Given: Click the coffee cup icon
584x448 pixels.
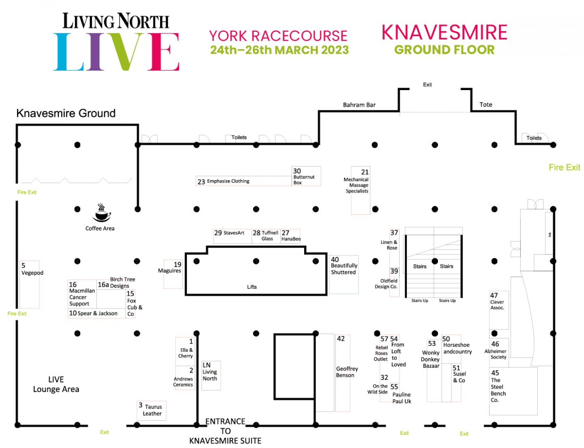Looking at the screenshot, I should tap(101, 213).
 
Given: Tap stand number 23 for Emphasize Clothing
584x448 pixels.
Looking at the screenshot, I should tap(223, 181).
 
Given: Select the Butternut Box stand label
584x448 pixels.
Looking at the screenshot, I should tap(304, 177).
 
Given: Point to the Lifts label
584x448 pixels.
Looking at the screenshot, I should tap(252, 287).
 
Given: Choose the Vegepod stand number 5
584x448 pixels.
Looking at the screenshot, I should tap(30, 269).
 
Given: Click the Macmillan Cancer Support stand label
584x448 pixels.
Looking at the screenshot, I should tap(82, 294).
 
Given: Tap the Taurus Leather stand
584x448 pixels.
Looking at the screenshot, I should tap(151, 410).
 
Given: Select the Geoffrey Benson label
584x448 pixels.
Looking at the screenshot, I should tap(347, 372).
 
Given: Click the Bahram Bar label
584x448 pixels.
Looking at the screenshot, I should tap(359, 105).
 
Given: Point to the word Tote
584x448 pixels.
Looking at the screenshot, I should tap(485, 105).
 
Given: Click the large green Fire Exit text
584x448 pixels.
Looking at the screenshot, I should tap(564, 168).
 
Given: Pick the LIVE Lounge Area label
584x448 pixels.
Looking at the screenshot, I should tap(56, 384).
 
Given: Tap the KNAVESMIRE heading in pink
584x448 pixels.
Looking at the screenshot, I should tap(444, 32).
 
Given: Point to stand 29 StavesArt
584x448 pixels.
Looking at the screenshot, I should tap(230, 233).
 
